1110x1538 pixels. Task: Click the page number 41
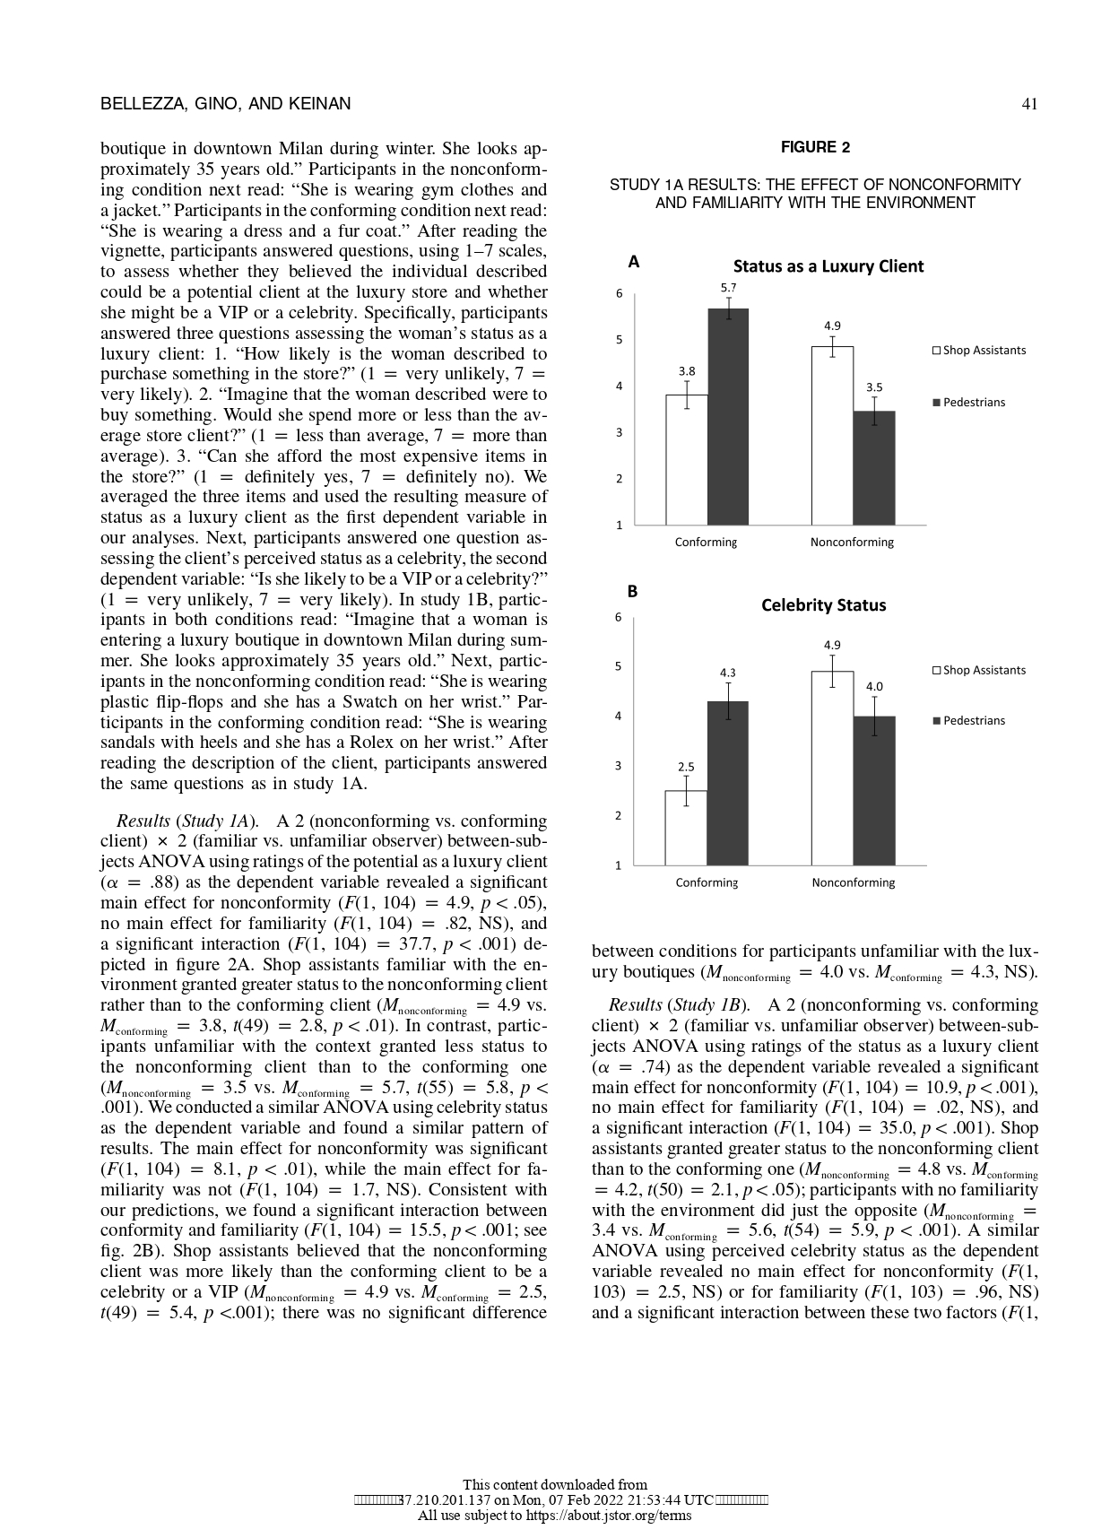(1029, 104)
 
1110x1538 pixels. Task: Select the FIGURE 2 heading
(814, 147)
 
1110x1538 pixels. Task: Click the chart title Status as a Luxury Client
(828, 266)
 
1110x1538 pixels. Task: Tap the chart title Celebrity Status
(823, 605)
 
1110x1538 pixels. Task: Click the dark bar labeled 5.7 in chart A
(728, 417)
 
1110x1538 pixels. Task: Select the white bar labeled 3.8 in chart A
(686, 459)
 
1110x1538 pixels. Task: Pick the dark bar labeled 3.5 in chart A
(873, 468)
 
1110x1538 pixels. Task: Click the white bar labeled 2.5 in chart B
(686, 827)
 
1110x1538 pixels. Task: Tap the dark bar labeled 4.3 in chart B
(728, 782)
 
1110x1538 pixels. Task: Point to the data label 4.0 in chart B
(873, 687)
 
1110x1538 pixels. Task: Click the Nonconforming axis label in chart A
(852, 543)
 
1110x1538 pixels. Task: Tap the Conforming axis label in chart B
(706, 882)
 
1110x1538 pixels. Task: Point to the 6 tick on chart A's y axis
(619, 293)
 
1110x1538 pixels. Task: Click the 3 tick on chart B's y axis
(618, 766)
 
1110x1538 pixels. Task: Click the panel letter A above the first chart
(634, 263)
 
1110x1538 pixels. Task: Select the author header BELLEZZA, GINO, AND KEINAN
(225, 104)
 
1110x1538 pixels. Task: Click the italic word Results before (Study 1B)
(635, 1005)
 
